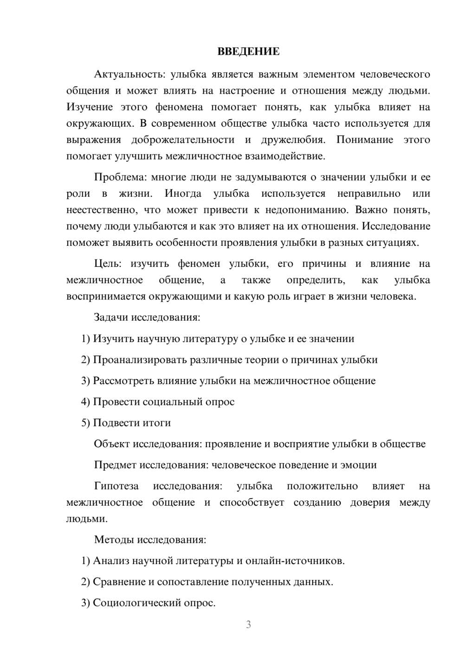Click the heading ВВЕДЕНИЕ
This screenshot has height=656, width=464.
pyautogui.click(x=248, y=51)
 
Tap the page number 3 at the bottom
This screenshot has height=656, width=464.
pyautogui.click(x=248, y=624)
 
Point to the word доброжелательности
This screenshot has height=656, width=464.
pyautogui.click(x=183, y=140)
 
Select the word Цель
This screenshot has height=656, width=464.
pyautogui.click(x=107, y=264)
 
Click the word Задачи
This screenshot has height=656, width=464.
pyautogui.click(x=111, y=318)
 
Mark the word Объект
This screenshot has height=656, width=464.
pyautogui.click(x=112, y=444)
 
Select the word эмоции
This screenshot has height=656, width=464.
pyautogui.click(x=360, y=465)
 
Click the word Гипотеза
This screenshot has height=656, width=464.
pyautogui.click(x=116, y=486)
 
